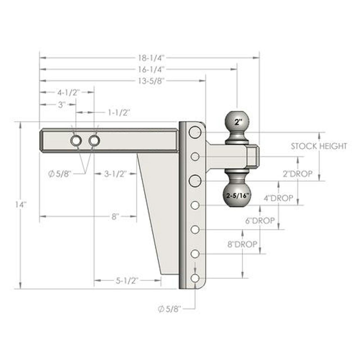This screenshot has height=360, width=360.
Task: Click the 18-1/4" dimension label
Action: (x=152, y=58)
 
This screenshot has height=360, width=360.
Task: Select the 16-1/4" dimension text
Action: (x=152, y=69)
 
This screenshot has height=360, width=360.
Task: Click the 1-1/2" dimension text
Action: (x=119, y=113)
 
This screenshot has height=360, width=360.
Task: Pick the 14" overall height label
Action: (x=21, y=205)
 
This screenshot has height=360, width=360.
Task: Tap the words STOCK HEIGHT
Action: (x=319, y=146)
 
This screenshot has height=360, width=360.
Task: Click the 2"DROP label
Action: (x=298, y=174)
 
